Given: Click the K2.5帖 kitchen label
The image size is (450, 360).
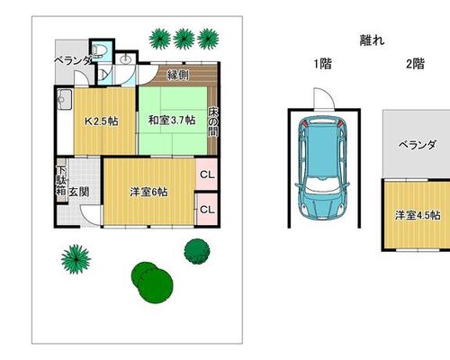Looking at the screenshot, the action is coord(102,121).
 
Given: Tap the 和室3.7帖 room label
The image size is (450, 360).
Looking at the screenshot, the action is coord(172,121).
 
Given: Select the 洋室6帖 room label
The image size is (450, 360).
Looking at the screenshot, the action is coord(148,192).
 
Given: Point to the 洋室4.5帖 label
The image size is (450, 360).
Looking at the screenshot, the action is coord(418,215).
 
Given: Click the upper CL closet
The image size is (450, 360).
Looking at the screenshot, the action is coord(207,175).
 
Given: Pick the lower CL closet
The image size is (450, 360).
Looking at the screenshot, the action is coord(207,209).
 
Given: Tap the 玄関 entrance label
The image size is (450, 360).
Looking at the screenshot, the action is coord(79,192).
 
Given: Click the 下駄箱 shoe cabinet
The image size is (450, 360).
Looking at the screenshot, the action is coord(61,181).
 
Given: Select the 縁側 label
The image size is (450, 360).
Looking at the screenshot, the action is coord(177,75).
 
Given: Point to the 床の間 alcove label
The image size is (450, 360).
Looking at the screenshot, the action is coord(213,121).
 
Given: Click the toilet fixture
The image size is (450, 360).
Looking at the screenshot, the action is coord(98,50).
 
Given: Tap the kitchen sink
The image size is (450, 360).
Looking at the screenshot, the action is coord(64,99).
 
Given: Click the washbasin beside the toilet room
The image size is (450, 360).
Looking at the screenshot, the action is coord(126,59).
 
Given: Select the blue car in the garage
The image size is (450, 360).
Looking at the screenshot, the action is coord(322,167).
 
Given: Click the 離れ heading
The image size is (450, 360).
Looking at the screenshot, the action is coord(372,40).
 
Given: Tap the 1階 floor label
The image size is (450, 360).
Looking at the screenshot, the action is coord(323,64).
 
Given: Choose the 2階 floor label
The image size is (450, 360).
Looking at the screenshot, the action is coord(415,64).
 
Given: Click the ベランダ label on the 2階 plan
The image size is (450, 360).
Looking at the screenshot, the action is coord(417,145).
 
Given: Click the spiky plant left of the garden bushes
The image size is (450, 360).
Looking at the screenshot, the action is coord(76,259).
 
